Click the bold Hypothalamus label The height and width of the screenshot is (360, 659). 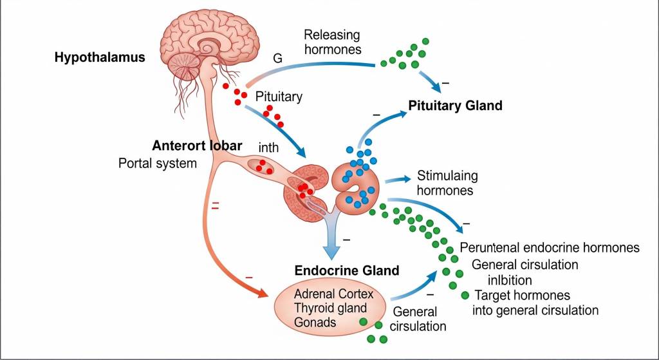(x=100, y=57)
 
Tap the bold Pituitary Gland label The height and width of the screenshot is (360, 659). (x=456, y=106)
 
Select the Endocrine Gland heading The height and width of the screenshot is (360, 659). (x=347, y=270)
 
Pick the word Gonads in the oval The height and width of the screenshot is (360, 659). (x=315, y=322)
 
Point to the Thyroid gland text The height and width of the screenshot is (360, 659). (x=329, y=308)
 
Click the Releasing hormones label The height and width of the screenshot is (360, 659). (x=332, y=41)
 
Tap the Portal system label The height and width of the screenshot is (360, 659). (x=158, y=163)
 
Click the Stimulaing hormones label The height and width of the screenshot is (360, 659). (x=447, y=183)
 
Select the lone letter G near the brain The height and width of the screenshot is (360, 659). (x=278, y=59)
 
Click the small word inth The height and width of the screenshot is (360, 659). (x=268, y=147)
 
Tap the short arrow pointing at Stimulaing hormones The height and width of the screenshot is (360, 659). (x=400, y=179)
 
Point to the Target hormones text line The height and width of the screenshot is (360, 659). (x=522, y=296)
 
